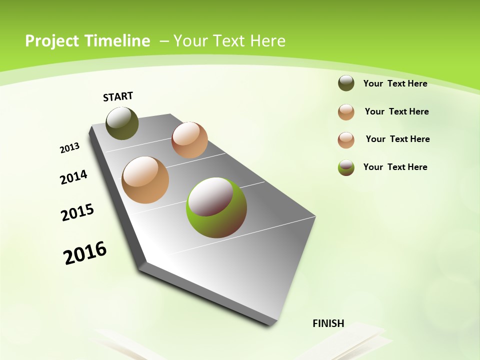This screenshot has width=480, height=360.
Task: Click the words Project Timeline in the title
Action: (87, 41)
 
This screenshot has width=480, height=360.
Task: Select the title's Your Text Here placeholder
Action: (229, 41)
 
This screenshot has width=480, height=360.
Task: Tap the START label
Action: (118, 96)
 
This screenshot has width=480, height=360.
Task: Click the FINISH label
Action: (328, 323)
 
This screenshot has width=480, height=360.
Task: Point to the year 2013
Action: (70, 148)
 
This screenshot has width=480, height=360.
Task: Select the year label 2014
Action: (74, 177)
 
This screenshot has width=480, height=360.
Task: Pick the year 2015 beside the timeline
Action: (77, 212)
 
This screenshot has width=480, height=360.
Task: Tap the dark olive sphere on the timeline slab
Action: (122, 123)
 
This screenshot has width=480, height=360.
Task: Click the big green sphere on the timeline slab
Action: (216, 207)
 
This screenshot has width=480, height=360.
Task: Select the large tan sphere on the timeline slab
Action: (145, 180)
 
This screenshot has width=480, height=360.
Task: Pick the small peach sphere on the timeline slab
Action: (189, 140)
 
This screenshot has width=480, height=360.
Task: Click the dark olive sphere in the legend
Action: (346, 83)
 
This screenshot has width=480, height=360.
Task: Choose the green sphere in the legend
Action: (346, 167)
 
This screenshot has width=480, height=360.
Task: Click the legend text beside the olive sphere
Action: (395, 83)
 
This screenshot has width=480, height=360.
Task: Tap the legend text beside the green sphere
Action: (395, 167)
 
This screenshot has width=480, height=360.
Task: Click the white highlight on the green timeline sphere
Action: (210, 196)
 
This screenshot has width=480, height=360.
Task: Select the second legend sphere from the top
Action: (346, 112)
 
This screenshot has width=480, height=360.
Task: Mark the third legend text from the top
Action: (397, 139)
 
